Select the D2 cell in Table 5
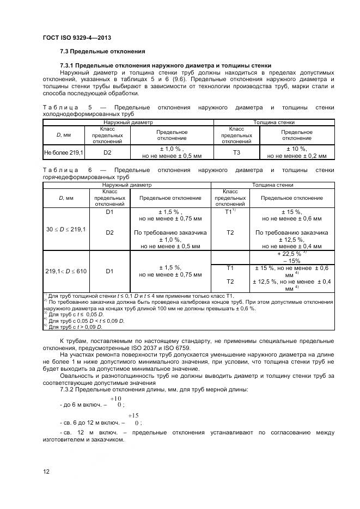tap(108, 152)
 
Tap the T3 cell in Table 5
tap(236, 152)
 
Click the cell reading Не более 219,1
tap(63, 152)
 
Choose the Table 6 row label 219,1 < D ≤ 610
tap(64, 271)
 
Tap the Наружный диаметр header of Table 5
tap(128, 123)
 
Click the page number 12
tap(46, 471)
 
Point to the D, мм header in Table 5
tap(63, 135)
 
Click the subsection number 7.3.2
tap(69, 389)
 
